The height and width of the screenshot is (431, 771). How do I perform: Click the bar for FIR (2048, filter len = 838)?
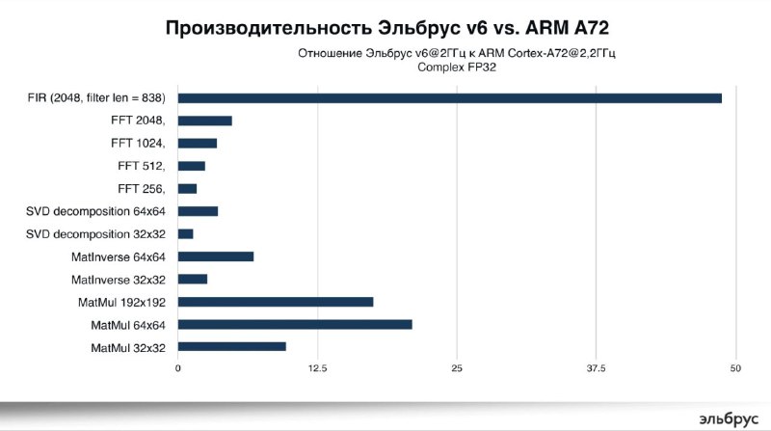click(x=449, y=98)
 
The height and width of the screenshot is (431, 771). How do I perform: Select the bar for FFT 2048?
click(x=205, y=121)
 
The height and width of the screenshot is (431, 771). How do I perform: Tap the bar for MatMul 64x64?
click(x=295, y=324)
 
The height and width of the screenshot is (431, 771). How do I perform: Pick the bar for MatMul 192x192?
click(x=276, y=302)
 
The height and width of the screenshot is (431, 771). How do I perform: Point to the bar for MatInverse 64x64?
click(x=216, y=256)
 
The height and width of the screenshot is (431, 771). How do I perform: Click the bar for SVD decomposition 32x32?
click(x=186, y=233)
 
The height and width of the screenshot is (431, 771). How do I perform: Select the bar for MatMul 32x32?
click(x=232, y=346)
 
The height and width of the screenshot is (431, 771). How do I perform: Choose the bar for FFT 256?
click(x=188, y=189)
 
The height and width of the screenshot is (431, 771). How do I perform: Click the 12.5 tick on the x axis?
click(x=317, y=369)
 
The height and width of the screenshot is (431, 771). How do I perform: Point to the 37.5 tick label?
click(x=596, y=369)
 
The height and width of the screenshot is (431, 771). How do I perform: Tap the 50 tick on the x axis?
click(x=736, y=369)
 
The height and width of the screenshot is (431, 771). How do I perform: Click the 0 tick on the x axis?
click(x=178, y=369)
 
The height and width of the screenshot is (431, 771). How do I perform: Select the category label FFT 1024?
click(x=138, y=144)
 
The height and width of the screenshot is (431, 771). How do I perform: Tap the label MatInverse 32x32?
click(x=119, y=280)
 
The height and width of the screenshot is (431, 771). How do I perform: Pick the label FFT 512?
click(x=142, y=166)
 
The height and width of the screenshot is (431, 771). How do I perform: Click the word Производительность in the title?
click(x=254, y=27)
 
